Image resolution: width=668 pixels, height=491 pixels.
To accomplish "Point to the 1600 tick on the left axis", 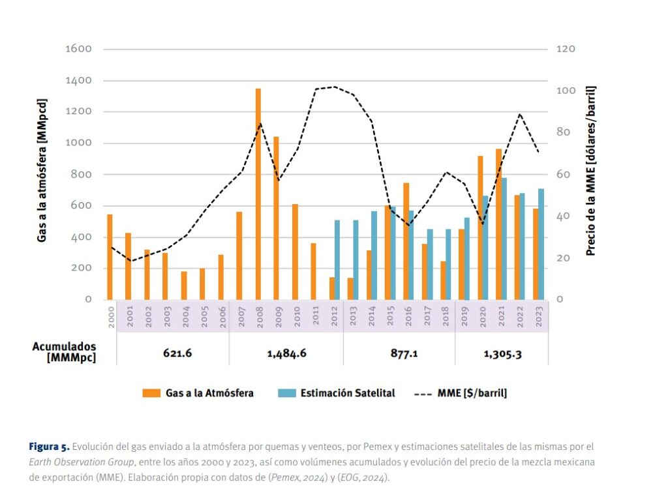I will tap(78, 49).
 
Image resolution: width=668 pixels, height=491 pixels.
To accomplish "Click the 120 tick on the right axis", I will tap(565, 49).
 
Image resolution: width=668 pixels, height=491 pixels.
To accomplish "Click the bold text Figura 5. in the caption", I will tap(48, 447).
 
